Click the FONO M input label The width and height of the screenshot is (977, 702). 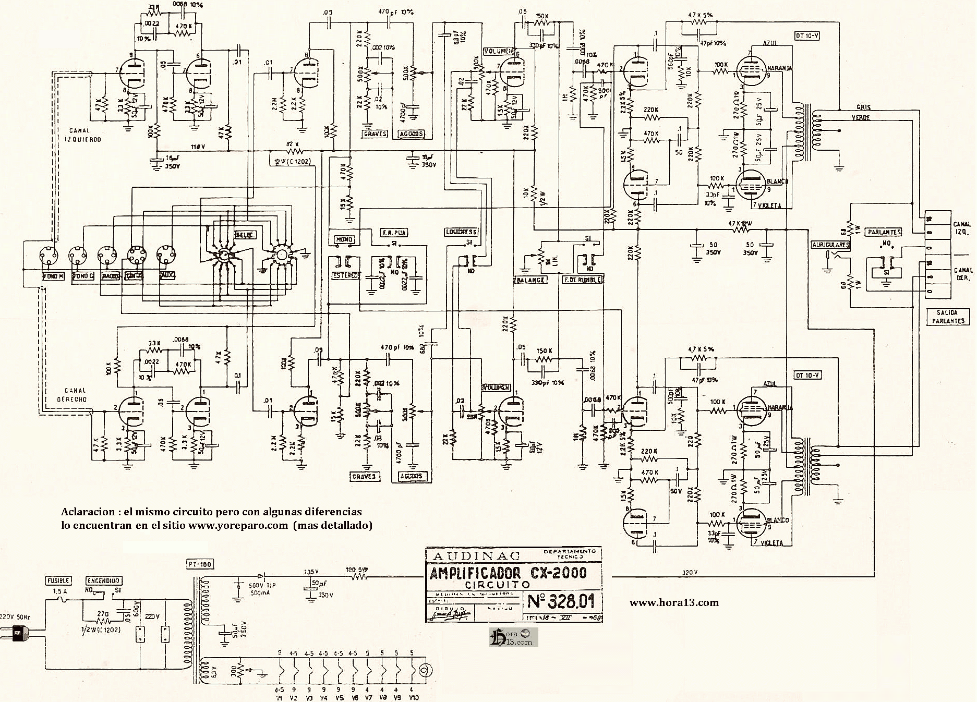pyautogui.click(x=53, y=276)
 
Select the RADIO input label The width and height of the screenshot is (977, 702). pyautogui.click(x=111, y=276)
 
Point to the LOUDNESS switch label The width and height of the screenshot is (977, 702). pyautogui.click(x=462, y=232)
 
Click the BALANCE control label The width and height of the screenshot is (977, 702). pyautogui.click(x=530, y=280)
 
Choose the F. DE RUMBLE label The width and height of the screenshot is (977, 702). pyautogui.click(x=582, y=280)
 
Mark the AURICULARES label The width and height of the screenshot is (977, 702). pyautogui.click(x=830, y=245)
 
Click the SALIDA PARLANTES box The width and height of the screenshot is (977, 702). pyautogui.click(x=948, y=317)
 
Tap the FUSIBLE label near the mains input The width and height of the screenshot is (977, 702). pyautogui.click(x=58, y=580)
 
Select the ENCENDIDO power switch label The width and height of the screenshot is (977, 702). pyautogui.click(x=104, y=580)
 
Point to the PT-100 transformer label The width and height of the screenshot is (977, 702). pyautogui.click(x=199, y=564)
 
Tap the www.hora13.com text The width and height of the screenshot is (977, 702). pyautogui.click(x=674, y=603)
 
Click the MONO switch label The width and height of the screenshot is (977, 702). pyautogui.click(x=344, y=240)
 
